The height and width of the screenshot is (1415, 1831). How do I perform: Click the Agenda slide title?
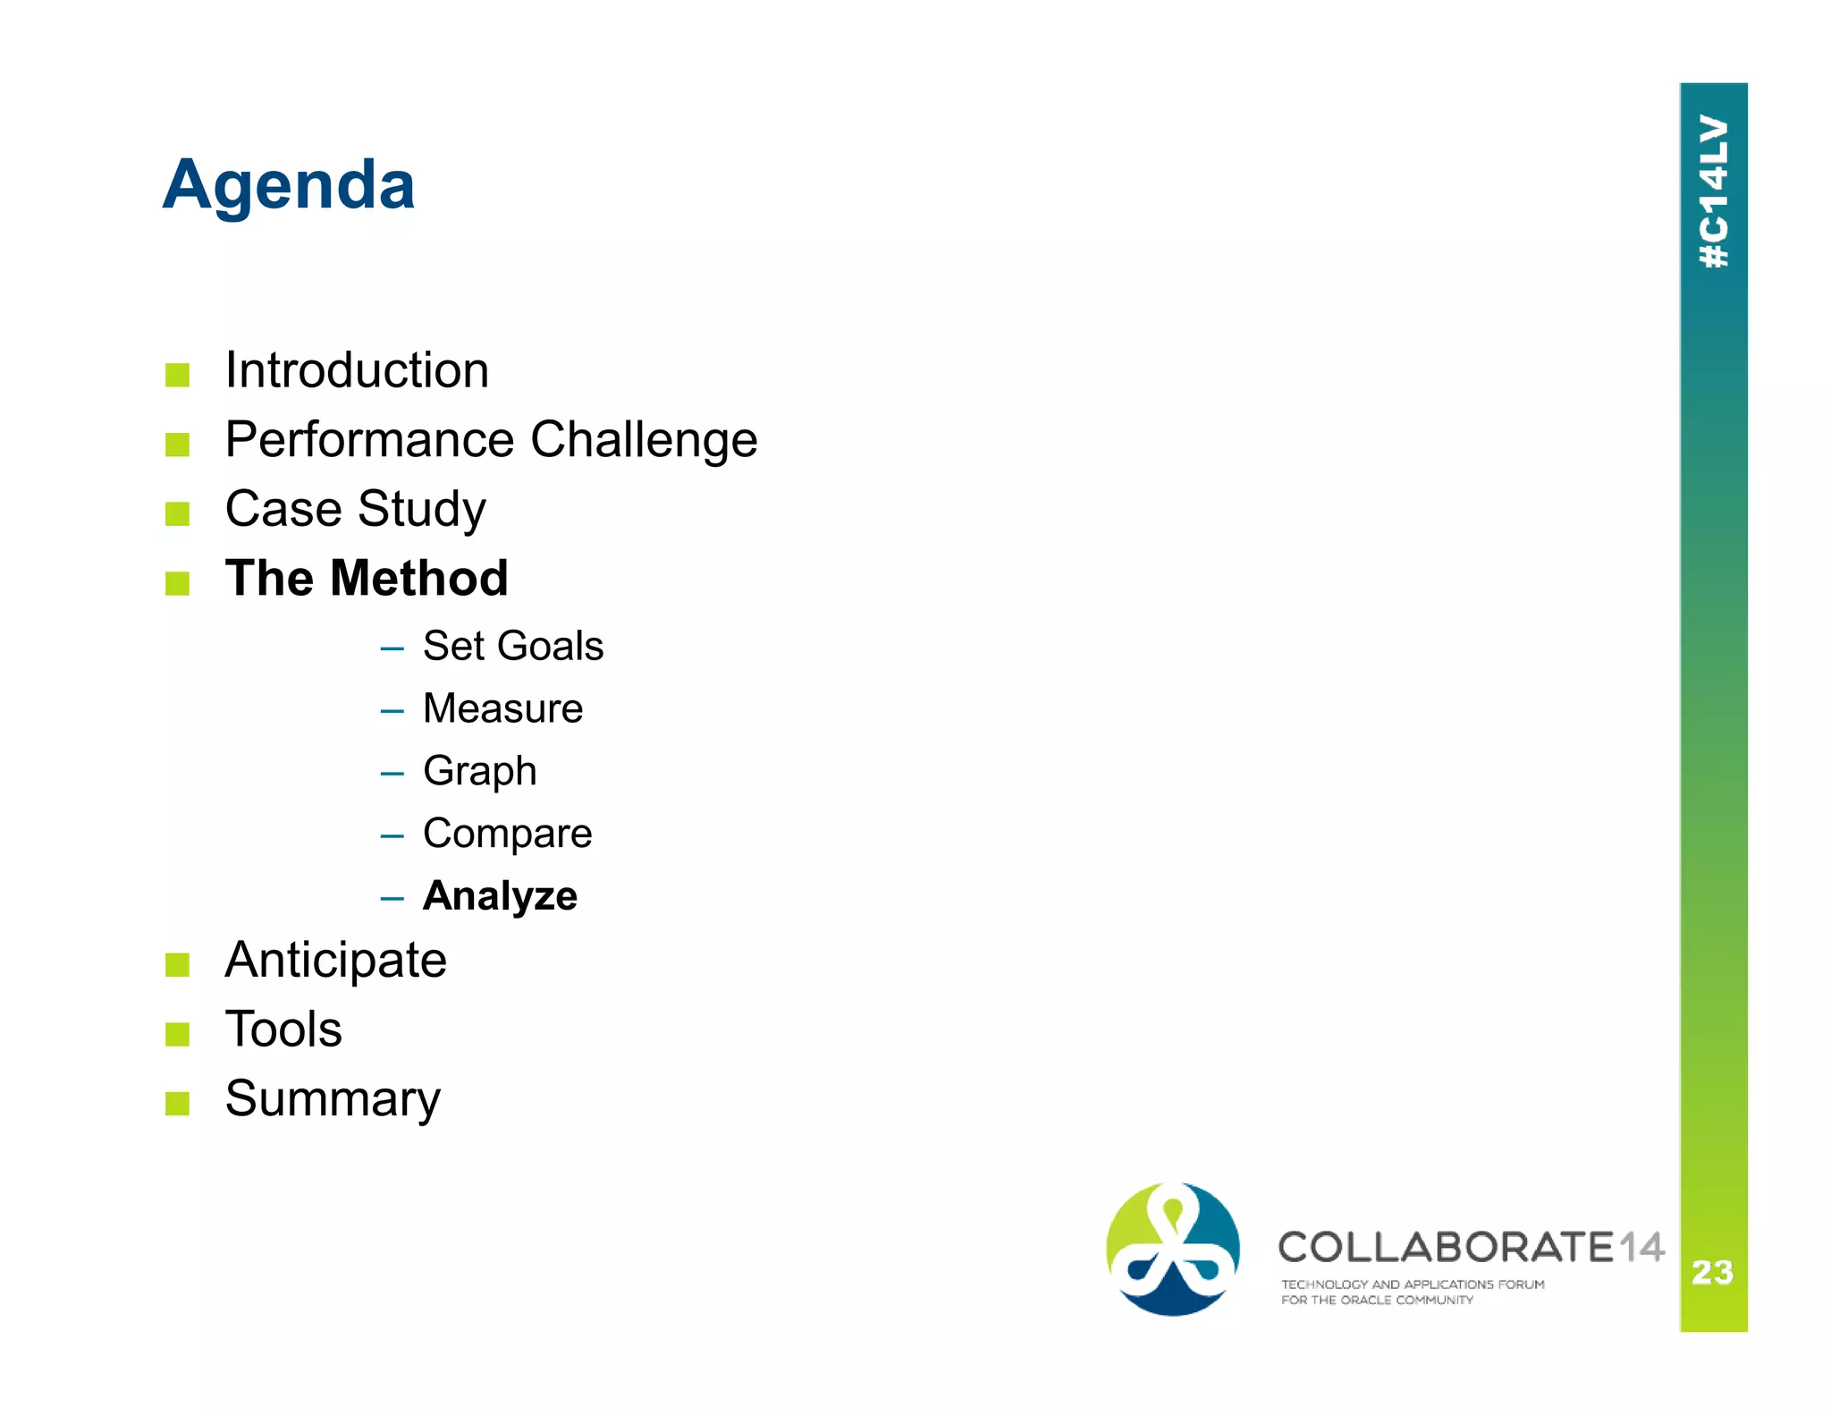click(x=289, y=185)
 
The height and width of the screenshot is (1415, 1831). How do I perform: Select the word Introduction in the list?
click(x=357, y=370)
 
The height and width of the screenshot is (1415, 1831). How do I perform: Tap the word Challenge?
click(x=643, y=440)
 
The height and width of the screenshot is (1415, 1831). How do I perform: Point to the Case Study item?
click(x=355, y=510)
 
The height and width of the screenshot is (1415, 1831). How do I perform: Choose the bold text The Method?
click(x=367, y=578)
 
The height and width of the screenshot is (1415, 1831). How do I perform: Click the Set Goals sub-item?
click(x=512, y=646)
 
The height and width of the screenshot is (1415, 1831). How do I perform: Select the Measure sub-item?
click(x=502, y=708)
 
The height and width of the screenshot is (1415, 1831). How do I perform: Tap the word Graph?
click(x=479, y=771)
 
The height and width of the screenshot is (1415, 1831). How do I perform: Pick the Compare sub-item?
click(x=507, y=834)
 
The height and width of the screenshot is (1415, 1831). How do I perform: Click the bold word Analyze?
click(x=500, y=896)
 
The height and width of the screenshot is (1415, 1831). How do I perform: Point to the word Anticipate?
click(x=335, y=961)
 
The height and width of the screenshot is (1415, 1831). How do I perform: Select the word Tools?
click(x=283, y=1029)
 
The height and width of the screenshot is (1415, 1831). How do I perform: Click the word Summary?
click(x=333, y=1099)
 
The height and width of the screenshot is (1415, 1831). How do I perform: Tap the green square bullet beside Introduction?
click(x=177, y=375)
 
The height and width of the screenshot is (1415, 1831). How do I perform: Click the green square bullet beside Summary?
click(x=177, y=1104)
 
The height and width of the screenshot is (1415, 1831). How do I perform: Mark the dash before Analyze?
click(x=392, y=898)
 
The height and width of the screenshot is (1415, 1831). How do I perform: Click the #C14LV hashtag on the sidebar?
click(x=1713, y=191)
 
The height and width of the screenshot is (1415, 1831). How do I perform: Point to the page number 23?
click(x=1712, y=1272)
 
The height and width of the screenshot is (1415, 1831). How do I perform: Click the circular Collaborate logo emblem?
click(x=1172, y=1249)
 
